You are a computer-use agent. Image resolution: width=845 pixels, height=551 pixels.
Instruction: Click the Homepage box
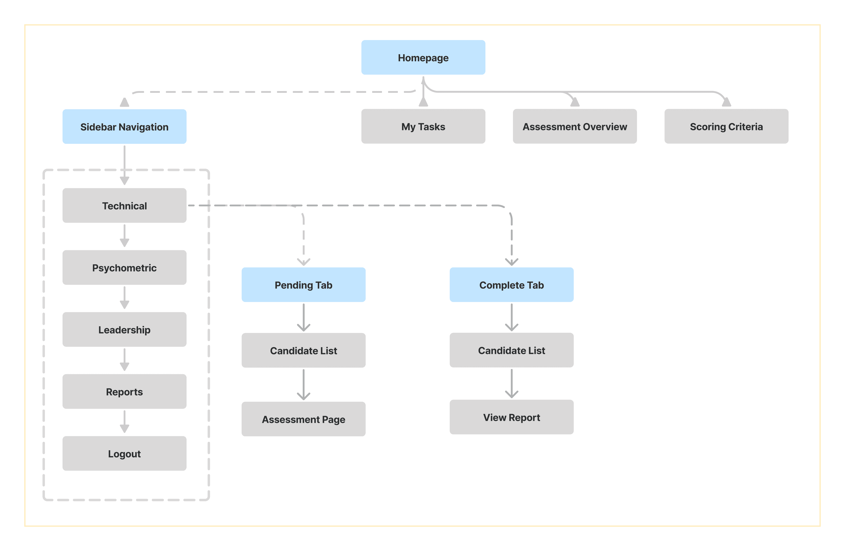click(x=423, y=57)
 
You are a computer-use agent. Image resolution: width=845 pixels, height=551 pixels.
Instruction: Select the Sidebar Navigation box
click(x=124, y=127)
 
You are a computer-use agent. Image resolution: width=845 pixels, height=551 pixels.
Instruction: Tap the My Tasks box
click(x=423, y=126)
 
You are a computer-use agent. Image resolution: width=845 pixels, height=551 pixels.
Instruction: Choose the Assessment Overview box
click(x=575, y=126)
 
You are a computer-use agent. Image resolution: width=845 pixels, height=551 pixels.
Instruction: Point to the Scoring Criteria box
click(x=726, y=126)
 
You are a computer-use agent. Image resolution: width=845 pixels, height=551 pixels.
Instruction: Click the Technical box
click(x=124, y=206)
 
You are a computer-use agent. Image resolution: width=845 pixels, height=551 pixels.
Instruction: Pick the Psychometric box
click(x=124, y=268)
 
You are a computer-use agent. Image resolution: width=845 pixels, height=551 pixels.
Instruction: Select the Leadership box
click(x=124, y=330)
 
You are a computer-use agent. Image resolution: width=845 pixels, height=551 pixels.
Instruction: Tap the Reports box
click(x=124, y=392)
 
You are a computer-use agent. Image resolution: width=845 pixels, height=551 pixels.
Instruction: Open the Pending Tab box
click(x=304, y=285)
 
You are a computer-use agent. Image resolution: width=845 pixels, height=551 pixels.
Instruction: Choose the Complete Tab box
click(x=512, y=285)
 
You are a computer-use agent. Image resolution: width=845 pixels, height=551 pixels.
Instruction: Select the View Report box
click(x=512, y=417)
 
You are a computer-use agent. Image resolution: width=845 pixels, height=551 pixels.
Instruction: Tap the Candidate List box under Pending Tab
click(x=304, y=350)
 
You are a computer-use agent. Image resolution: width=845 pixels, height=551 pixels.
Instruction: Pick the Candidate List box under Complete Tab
click(x=512, y=350)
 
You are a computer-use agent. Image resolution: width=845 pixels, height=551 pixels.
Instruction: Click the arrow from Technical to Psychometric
click(x=124, y=236)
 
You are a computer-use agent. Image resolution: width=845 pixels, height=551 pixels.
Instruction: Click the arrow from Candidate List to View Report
click(x=512, y=384)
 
